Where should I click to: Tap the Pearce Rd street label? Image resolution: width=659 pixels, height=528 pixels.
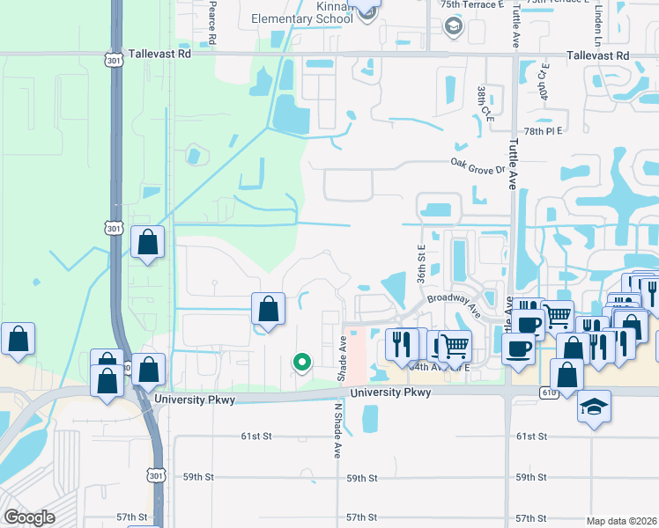click(212, 24)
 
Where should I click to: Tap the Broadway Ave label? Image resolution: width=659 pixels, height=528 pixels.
click(454, 304)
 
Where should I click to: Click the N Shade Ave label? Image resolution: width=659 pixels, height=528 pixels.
click(337, 431)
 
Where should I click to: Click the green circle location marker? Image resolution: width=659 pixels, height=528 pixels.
click(302, 361)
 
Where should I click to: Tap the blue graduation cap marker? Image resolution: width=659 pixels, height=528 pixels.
click(595, 407)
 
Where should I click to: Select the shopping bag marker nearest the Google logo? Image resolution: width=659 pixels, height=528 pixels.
click(18, 340)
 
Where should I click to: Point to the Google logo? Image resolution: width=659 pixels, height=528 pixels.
click(29, 517)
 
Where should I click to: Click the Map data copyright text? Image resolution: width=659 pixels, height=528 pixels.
click(621, 521)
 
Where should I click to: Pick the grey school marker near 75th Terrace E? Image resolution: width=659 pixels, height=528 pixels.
click(454, 26)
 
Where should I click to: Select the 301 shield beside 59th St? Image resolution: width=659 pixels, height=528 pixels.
click(156, 476)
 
